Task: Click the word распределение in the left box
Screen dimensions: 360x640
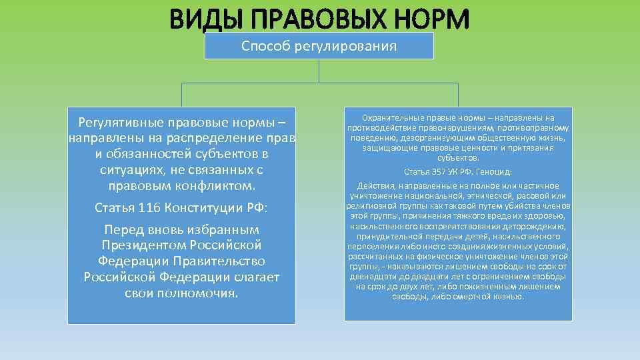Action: (x=217, y=138)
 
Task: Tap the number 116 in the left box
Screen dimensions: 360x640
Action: (x=149, y=207)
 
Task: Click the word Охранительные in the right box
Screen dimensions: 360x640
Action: (x=391, y=118)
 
